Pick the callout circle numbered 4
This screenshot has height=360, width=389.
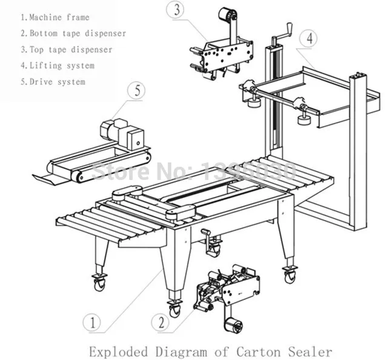pyautogui.click(x=309, y=39)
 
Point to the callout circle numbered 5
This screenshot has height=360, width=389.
pyautogui.click(x=137, y=91)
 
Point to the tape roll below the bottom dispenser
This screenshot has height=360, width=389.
pyautogui.click(x=233, y=324)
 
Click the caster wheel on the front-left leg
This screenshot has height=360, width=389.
pyautogui.click(x=99, y=282)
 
